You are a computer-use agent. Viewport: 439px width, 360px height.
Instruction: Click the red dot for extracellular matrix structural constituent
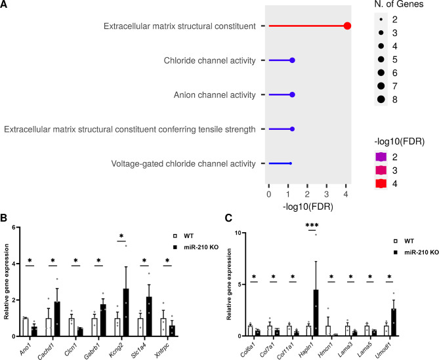[347, 26]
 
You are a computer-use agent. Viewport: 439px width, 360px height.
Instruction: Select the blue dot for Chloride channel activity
[292, 61]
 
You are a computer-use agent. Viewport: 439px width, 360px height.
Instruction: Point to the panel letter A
[5, 6]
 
